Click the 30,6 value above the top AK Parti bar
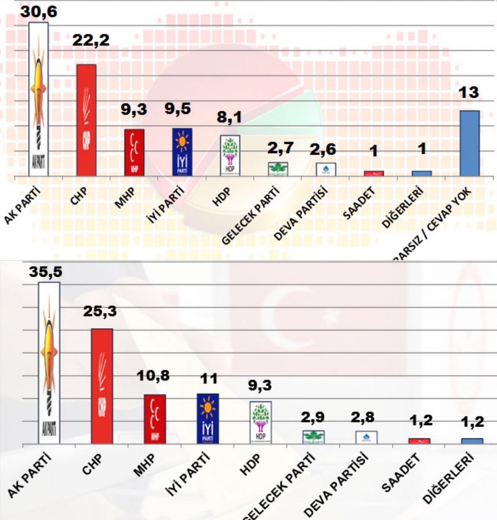(x=39, y=11)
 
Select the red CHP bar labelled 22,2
(x=86, y=120)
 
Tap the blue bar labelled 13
(x=469, y=143)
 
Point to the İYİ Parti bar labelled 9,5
(x=182, y=152)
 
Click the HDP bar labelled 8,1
(x=230, y=156)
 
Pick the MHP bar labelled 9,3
(x=134, y=152)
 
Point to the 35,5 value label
(x=46, y=272)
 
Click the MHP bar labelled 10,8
(x=155, y=419)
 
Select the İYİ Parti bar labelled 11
(x=208, y=418)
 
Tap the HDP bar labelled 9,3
(x=260, y=422)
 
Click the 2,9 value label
(x=313, y=418)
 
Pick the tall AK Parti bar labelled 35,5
(x=49, y=363)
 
